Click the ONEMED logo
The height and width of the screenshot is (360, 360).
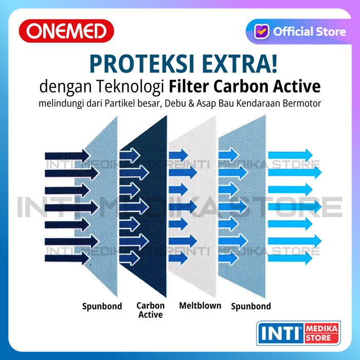(x=66, y=31)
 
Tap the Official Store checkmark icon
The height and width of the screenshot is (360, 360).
(x=262, y=31)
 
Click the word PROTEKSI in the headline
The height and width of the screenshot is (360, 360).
(x=141, y=64)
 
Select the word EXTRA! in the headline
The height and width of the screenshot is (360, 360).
(x=240, y=64)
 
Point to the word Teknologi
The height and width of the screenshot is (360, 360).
(x=130, y=87)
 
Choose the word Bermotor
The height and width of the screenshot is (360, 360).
(x=301, y=103)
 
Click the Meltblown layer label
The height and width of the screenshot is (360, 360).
(x=200, y=305)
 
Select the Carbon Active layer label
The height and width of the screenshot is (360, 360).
(x=150, y=310)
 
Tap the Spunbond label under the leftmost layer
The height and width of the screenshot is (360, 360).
(x=102, y=307)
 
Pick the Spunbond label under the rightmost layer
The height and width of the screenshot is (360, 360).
(x=251, y=307)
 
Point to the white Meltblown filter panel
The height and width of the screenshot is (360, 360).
(x=193, y=207)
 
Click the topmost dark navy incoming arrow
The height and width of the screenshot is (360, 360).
(x=67, y=156)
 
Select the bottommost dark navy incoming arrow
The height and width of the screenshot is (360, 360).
(x=67, y=258)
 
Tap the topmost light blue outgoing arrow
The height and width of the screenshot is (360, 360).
(x=291, y=155)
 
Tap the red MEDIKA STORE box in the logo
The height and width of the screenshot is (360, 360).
(x=321, y=333)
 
